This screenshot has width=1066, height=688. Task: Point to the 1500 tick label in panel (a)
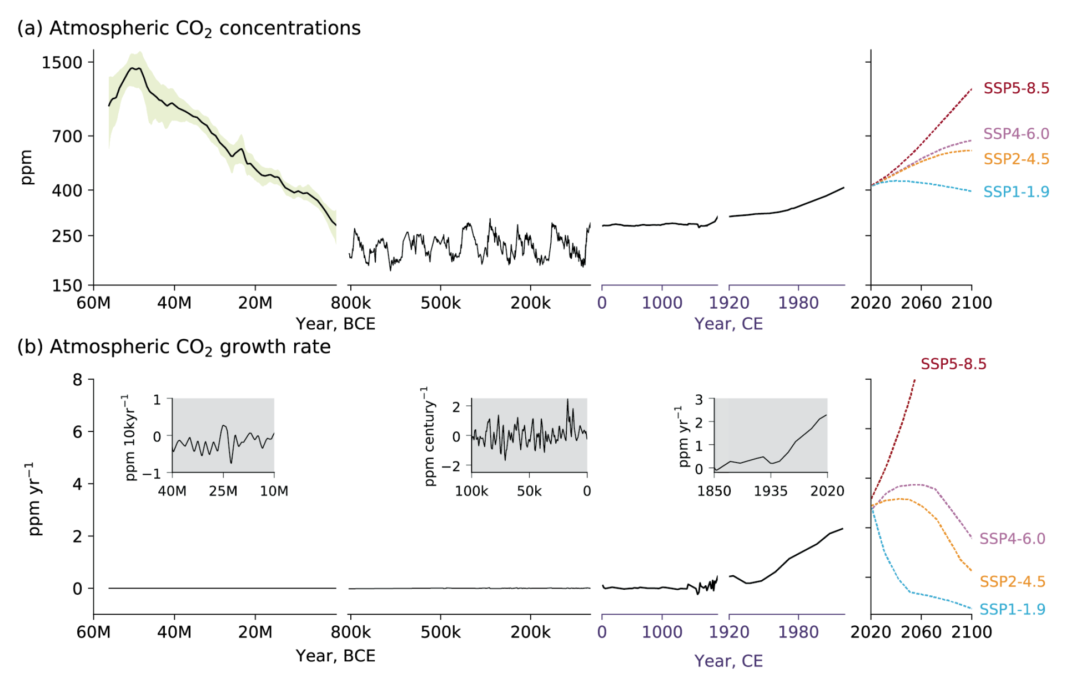click(x=62, y=63)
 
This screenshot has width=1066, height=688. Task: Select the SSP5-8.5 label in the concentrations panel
click(x=1016, y=88)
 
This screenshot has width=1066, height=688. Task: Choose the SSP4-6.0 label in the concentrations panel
click(x=1016, y=134)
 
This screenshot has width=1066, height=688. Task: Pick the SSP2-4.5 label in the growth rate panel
click(x=1012, y=581)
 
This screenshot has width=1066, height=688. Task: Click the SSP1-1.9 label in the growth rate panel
click(x=1012, y=609)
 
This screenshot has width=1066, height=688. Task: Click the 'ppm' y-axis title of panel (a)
click(x=26, y=167)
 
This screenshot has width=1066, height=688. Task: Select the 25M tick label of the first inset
click(x=223, y=491)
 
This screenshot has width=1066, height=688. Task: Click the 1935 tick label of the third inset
click(x=771, y=491)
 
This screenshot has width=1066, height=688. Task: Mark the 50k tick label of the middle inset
click(x=529, y=491)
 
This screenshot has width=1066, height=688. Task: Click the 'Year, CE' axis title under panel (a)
click(x=728, y=324)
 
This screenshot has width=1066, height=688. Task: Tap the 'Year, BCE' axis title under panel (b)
click(x=335, y=656)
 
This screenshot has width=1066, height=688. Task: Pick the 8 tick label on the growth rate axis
click(x=77, y=380)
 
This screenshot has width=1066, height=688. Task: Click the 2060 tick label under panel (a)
click(x=921, y=303)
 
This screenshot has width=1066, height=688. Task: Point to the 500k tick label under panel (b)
click(x=440, y=632)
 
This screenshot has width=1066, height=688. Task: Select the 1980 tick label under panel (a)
click(x=798, y=303)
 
